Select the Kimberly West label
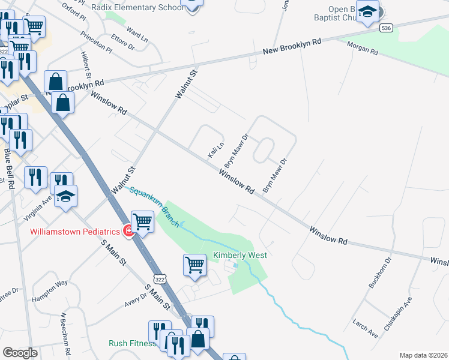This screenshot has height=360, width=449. [x=240, y=255]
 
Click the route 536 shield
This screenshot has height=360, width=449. [x=387, y=28]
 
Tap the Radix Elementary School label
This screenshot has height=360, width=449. [x=138, y=7]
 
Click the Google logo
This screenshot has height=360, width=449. [x=20, y=353]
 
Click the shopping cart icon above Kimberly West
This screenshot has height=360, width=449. [x=194, y=265]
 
